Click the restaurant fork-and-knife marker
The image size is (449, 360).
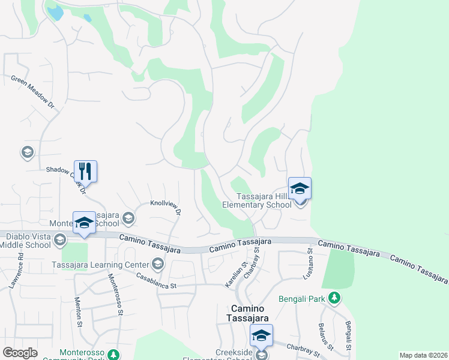[85, 171]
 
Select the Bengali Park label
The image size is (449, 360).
[304, 298]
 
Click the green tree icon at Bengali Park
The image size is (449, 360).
[336, 298]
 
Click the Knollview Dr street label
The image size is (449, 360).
[166, 208]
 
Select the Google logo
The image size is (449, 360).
[20, 353]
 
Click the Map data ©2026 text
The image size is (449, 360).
[423, 355]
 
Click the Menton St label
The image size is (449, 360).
[79, 313]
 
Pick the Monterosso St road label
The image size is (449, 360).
[115, 295]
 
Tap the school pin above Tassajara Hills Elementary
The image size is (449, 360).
[300, 188]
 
